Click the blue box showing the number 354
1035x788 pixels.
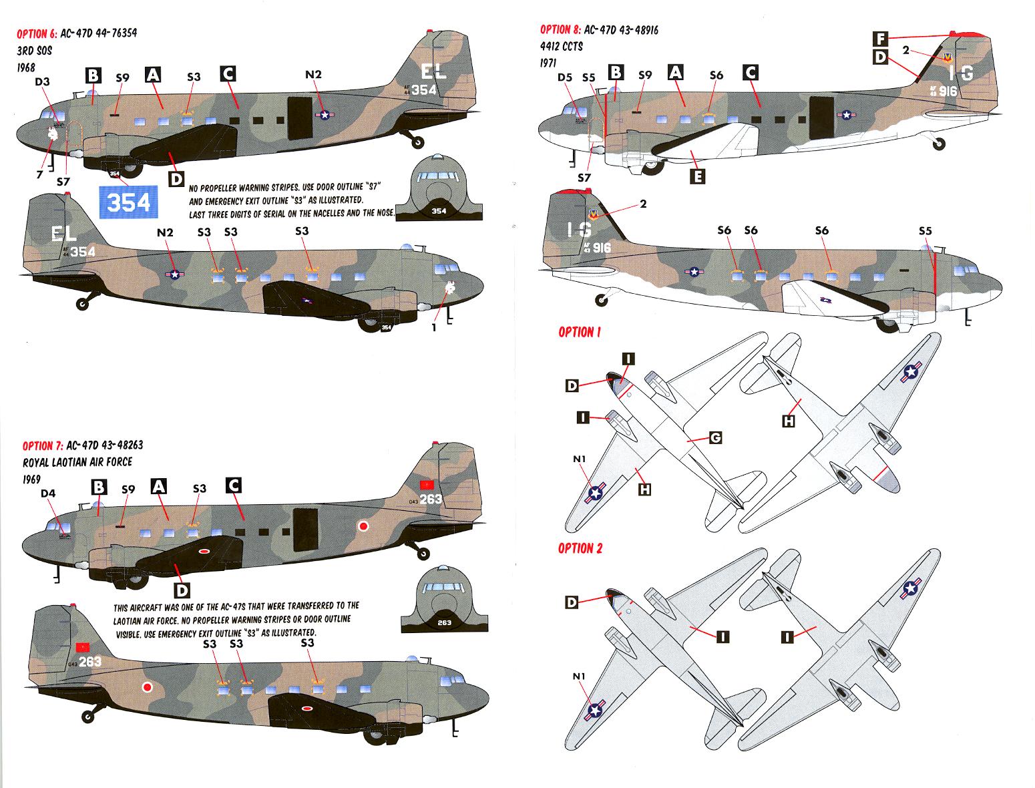coord(128,202)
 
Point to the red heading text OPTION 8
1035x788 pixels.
coord(560,30)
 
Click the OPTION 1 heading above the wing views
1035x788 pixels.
coord(576,332)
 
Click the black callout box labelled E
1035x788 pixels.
coord(698,176)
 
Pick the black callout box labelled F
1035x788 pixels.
coord(880,38)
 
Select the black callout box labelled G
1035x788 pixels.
coord(715,438)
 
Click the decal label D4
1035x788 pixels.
coord(49,494)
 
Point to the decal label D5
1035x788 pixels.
coord(564,77)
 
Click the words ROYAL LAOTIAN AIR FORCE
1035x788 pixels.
coord(77,462)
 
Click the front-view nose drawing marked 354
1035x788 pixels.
coord(438,189)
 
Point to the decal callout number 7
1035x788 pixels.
coord(40,174)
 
